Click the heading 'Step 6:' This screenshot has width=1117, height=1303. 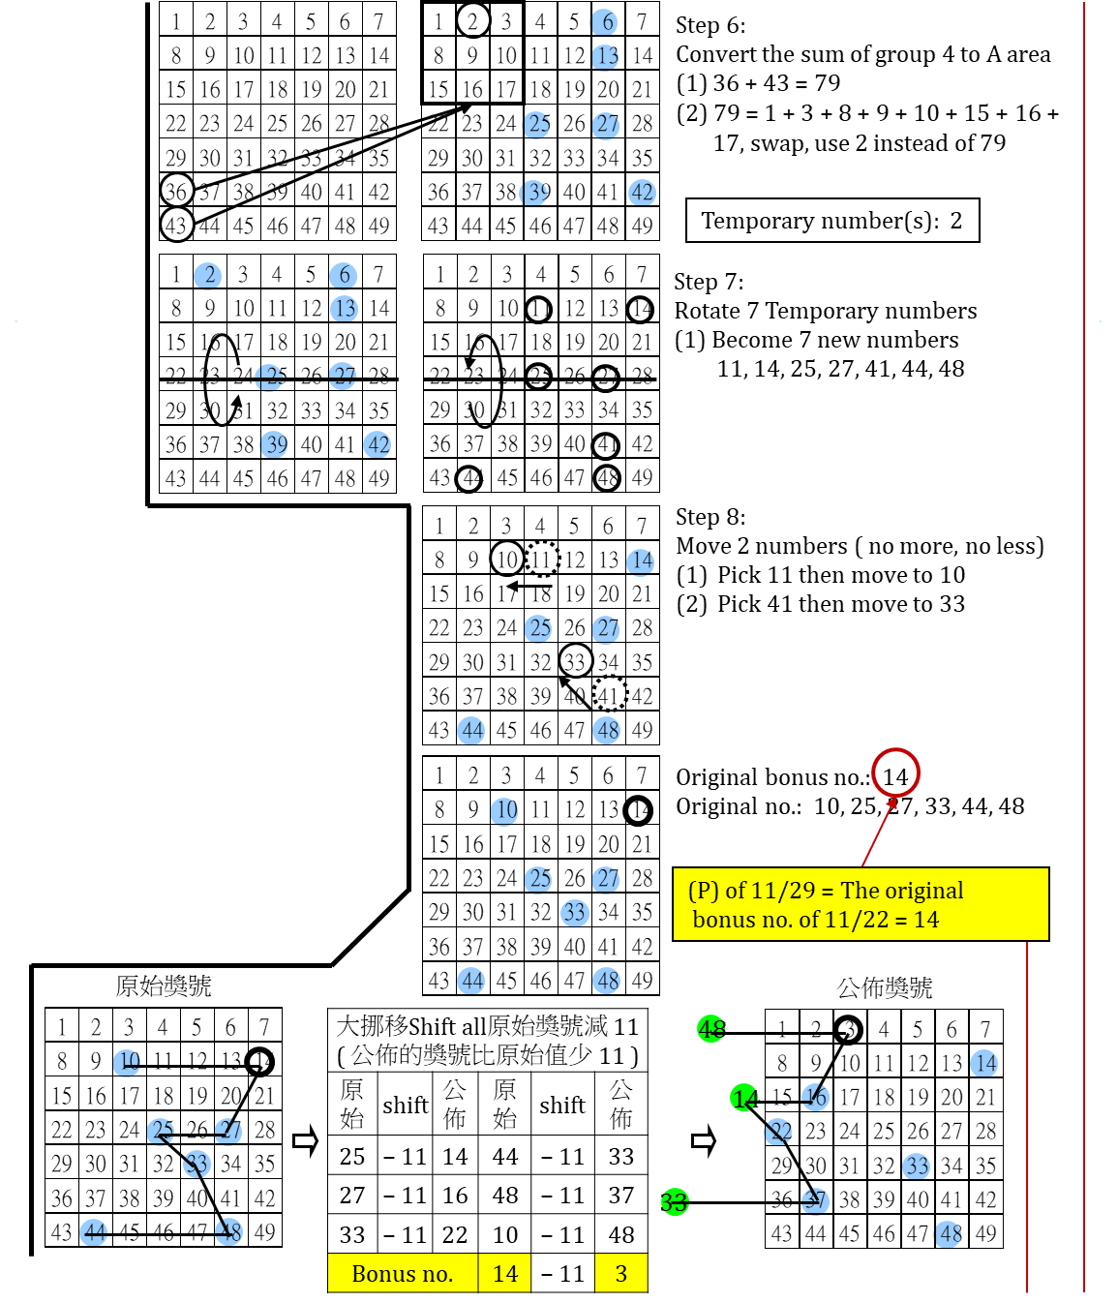710,25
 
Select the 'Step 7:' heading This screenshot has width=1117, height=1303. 709,282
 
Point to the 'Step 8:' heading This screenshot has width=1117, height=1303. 710,517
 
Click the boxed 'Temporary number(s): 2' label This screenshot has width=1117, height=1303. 831,221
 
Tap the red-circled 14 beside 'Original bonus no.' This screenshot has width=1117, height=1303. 895,776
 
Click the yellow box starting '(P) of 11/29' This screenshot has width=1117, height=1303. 860,904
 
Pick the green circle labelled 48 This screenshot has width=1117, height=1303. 712,1029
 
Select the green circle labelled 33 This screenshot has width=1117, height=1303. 674,1202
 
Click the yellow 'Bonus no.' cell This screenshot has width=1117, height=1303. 403,1274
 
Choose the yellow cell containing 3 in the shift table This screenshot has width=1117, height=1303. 621,1274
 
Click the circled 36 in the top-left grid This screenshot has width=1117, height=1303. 176,192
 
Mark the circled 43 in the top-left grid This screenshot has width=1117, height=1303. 176,226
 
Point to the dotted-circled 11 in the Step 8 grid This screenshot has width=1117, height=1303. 541,560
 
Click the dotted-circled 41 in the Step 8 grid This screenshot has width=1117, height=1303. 609,695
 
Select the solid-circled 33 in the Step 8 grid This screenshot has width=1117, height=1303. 575,661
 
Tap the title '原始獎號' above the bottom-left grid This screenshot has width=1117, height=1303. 163,985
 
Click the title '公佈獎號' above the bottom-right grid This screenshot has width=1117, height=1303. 885,987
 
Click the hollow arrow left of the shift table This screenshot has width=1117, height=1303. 305,1141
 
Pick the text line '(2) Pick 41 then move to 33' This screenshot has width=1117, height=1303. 821,604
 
